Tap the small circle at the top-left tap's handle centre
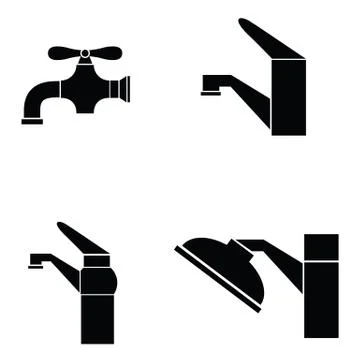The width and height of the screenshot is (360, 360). (85, 53)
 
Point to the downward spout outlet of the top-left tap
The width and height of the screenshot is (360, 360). (32, 120)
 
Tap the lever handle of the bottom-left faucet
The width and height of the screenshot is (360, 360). (80, 240)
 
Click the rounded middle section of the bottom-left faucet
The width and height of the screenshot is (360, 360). (98, 275)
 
